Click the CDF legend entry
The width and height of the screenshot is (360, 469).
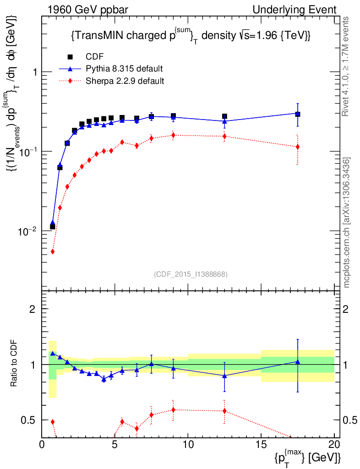[95, 57]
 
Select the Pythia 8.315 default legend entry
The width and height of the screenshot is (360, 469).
[124, 69]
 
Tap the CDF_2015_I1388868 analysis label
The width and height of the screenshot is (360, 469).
[191, 274]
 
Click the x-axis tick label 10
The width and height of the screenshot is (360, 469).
[188, 445]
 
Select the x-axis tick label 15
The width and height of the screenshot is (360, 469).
[261, 445]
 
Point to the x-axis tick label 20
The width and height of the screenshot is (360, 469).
[334, 445]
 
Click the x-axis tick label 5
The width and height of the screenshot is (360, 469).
[115, 445]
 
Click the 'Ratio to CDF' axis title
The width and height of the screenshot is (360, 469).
[15, 365]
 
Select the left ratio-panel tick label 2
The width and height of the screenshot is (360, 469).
[33, 309]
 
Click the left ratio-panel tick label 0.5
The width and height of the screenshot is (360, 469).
[28, 420]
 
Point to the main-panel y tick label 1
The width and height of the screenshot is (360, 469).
[34, 72]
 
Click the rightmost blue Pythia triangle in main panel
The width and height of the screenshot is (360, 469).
[298, 114]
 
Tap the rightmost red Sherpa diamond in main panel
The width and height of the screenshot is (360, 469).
[298, 147]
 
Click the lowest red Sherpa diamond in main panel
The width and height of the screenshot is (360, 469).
[53, 251]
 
